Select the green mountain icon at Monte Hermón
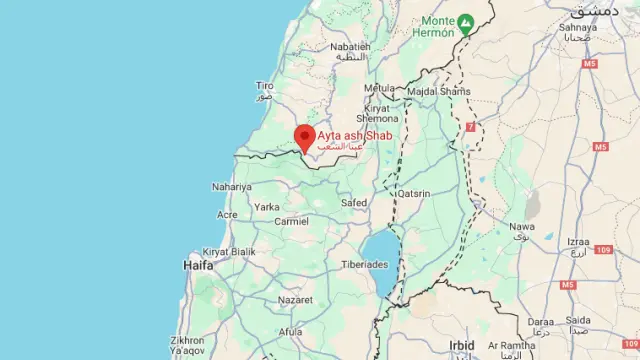tap(466, 21)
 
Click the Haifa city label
tap(198, 265)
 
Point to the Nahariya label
tap(232, 187)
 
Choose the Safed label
tap(354, 202)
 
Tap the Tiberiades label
tap(364, 264)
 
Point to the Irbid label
tap(462, 344)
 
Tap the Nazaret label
tap(295, 299)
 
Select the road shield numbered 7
tap(470, 127)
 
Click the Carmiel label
tap(291, 220)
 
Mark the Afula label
tap(290, 332)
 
